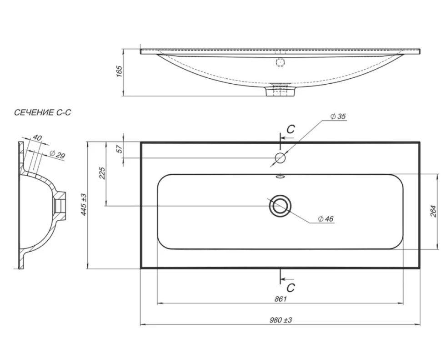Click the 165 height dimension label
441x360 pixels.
click(x=119, y=71)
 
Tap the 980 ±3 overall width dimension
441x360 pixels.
click(x=281, y=320)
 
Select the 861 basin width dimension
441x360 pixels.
click(x=281, y=299)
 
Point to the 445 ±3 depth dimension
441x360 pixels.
click(x=84, y=205)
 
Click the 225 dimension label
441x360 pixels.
click(x=102, y=173)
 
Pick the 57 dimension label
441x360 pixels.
click(x=120, y=149)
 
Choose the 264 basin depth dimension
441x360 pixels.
click(x=433, y=211)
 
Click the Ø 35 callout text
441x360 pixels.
click(x=338, y=117)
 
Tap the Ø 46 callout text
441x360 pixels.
click(x=326, y=219)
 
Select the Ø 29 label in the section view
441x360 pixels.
click(x=57, y=154)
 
